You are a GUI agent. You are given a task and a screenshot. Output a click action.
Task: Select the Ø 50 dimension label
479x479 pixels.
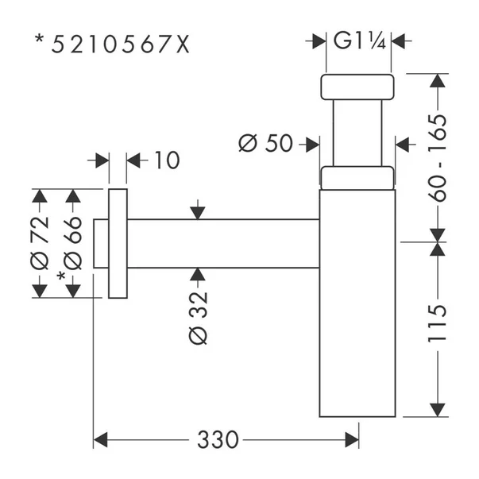tap(265, 143)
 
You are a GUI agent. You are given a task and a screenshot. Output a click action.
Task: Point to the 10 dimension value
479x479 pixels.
tap(166, 160)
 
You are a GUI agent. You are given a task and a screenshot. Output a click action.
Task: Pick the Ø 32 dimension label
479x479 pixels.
tap(199, 317)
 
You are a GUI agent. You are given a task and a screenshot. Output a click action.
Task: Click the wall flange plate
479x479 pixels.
tap(117, 243)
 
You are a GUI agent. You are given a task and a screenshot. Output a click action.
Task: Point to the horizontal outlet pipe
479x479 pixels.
tap(222, 243)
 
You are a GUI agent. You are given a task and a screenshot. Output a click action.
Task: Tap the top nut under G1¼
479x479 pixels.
tap(357, 87)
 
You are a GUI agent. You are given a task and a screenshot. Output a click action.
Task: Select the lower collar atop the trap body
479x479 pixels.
tap(357, 178)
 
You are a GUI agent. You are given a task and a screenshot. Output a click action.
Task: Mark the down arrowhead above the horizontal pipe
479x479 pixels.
tap(198, 213)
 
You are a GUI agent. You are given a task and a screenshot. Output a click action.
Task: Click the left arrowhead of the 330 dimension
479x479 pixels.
tap(100, 438)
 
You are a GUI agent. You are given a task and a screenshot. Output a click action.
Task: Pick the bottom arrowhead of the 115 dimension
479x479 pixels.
tap(438, 410)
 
